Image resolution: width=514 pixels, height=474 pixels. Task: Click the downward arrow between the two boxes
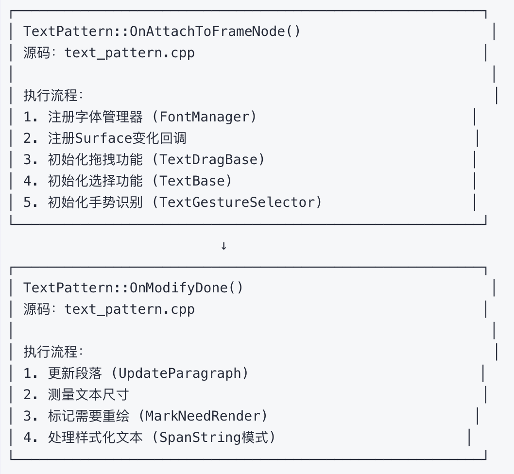pyautogui.click(x=223, y=246)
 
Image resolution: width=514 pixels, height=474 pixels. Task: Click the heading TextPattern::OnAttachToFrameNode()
pyautogui.click(x=162, y=32)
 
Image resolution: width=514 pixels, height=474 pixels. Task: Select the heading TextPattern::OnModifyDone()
pyautogui.click(x=133, y=288)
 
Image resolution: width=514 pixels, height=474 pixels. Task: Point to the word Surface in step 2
pyautogui.click(x=103, y=138)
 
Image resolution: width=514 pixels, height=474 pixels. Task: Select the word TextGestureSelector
pyautogui.click(x=237, y=203)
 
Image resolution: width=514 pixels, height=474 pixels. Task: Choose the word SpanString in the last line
pyautogui.click(x=200, y=438)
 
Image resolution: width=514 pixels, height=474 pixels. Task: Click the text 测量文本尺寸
pyautogui.click(x=88, y=395)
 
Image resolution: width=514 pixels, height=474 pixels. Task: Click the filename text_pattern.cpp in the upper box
pyautogui.click(x=130, y=53)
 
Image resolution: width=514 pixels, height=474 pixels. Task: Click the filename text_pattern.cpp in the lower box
pyautogui.click(x=130, y=309)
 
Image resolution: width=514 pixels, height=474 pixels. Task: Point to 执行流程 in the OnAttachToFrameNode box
pyautogui.click(x=50, y=96)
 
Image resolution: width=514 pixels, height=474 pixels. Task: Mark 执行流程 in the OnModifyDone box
pyautogui.click(x=50, y=352)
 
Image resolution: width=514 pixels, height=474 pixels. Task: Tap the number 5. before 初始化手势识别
pyautogui.click(x=31, y=203)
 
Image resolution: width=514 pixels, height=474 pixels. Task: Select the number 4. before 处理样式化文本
pyautogui.click(x=31, y=438)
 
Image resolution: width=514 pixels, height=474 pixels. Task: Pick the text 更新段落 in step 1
pyautogui.click(x=75, y=373)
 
